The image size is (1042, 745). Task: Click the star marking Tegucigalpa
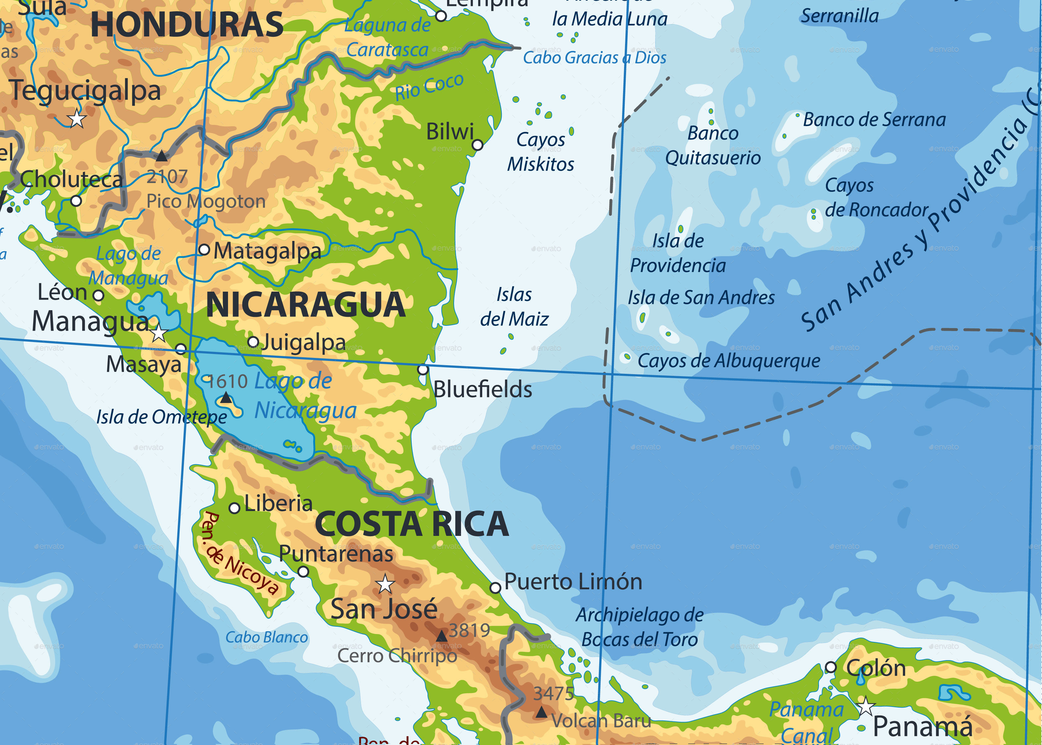(77, 119)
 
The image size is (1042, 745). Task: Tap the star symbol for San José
(385, 584)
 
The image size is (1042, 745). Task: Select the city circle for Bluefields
(423, 369)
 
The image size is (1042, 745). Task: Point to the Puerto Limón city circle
(495, 588)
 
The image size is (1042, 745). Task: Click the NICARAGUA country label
(306, 305)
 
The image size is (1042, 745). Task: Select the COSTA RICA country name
(412, 524)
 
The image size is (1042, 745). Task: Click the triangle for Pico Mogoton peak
(161, 156)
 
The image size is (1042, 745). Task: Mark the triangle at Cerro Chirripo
(441, 636)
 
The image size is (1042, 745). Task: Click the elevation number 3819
(469, 630)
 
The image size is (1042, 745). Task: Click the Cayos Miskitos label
(541, 152)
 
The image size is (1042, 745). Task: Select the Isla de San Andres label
(701, 298)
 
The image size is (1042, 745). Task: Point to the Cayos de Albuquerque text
(728, 361)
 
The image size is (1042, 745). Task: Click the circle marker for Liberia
(234, 508)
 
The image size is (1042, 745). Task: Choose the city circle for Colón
(831, 667)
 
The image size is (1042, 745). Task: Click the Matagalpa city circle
(204, 250)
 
